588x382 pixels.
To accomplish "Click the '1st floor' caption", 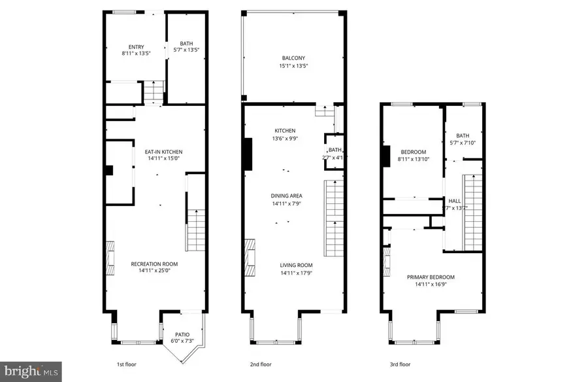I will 126,364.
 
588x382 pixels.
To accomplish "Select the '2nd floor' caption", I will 261,364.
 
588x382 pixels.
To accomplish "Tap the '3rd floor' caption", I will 400,364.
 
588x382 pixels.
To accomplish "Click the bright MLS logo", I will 31,372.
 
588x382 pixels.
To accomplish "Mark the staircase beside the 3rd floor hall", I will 472,212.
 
